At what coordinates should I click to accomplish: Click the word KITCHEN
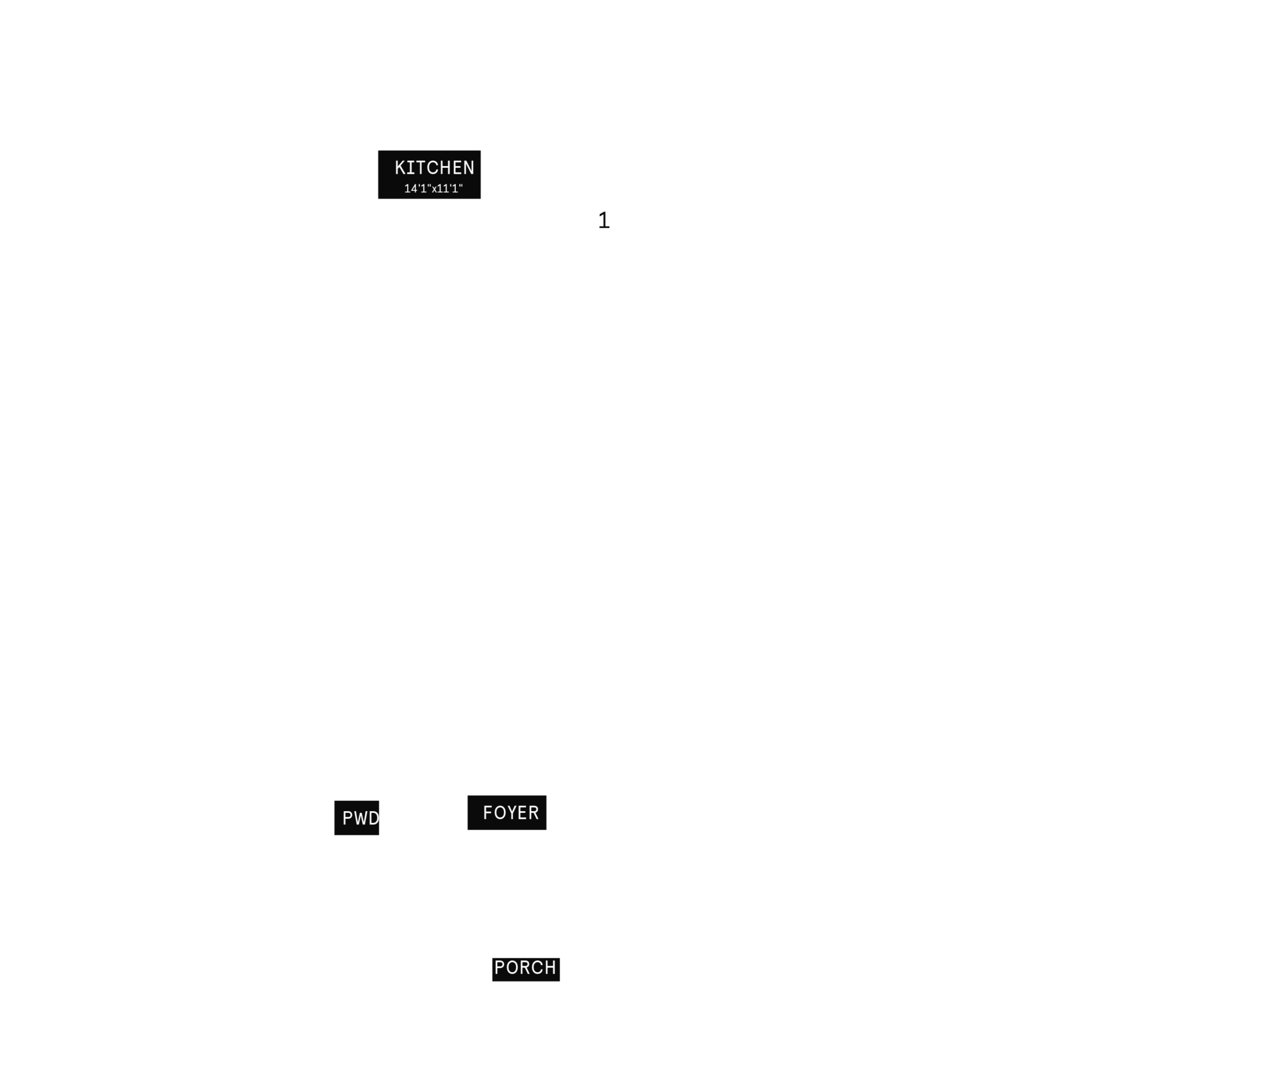434,168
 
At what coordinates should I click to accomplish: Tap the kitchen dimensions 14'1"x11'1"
434,188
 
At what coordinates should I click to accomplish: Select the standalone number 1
604,221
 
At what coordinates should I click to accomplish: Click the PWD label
360,818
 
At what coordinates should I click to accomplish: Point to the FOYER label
511,813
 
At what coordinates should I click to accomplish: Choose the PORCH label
525,968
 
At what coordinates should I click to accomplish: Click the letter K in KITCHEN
401,168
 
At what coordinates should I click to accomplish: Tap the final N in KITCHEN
468,168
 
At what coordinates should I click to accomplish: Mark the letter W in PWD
360,818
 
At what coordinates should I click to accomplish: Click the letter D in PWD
374,818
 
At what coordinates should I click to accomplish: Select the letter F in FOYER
488,813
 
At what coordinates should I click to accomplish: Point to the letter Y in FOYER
511,813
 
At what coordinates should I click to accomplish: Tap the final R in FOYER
534,813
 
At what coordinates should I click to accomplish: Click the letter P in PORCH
500,968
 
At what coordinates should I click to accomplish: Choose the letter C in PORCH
538,968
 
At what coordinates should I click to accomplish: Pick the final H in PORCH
550,968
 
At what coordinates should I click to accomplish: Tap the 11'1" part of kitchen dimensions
450,188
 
